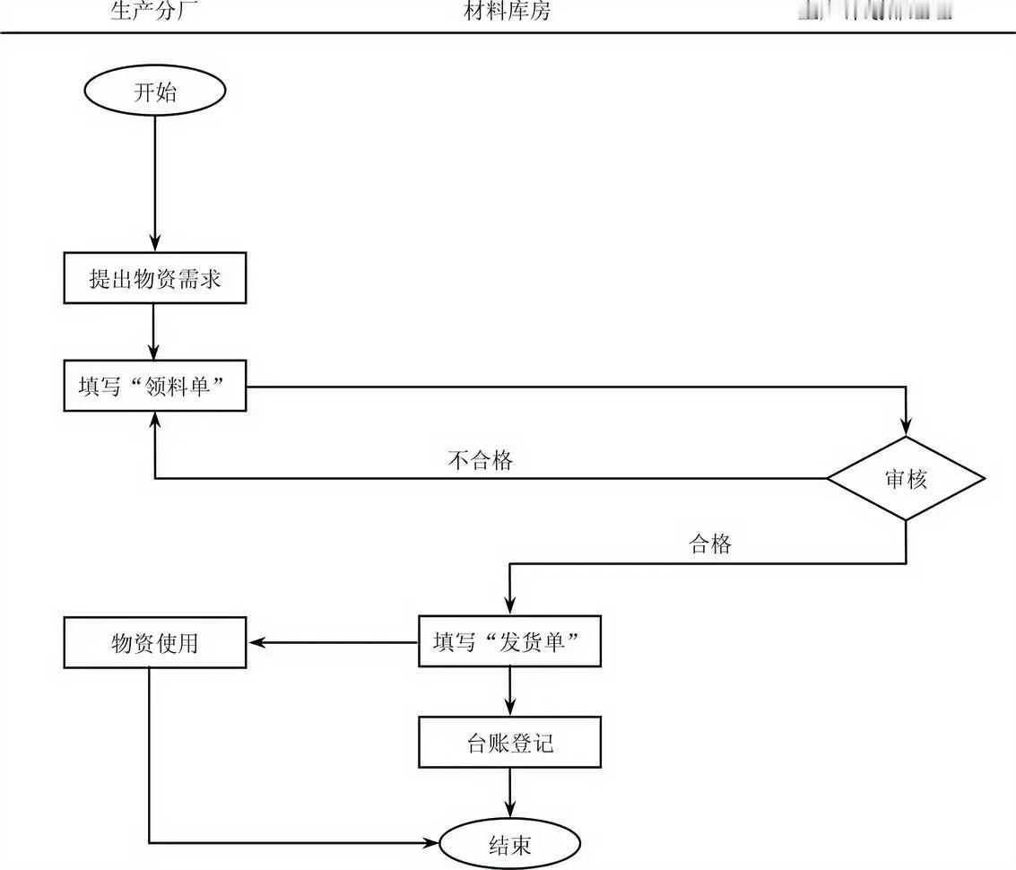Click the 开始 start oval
tap(154, 91)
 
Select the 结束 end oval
tap(509, 844)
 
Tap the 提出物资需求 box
tap(155, 279)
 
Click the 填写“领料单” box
tap(155, 387)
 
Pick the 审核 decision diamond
tap(905, 478)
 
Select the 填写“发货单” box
tap(509, 641)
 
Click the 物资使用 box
tap(155, 642)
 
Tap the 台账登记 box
tap(509, 742)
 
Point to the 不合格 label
tap(480, 460)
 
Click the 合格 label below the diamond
tap(709, 544)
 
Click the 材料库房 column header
tap(508, 12)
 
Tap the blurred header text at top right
tap(873, 12)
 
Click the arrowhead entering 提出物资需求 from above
tap(155, 245)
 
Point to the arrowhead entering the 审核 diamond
tap(906, 428)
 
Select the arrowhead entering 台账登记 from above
tap(509, 708)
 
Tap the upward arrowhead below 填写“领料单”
tap(155, 420)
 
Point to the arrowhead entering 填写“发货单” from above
tap(509, 607)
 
